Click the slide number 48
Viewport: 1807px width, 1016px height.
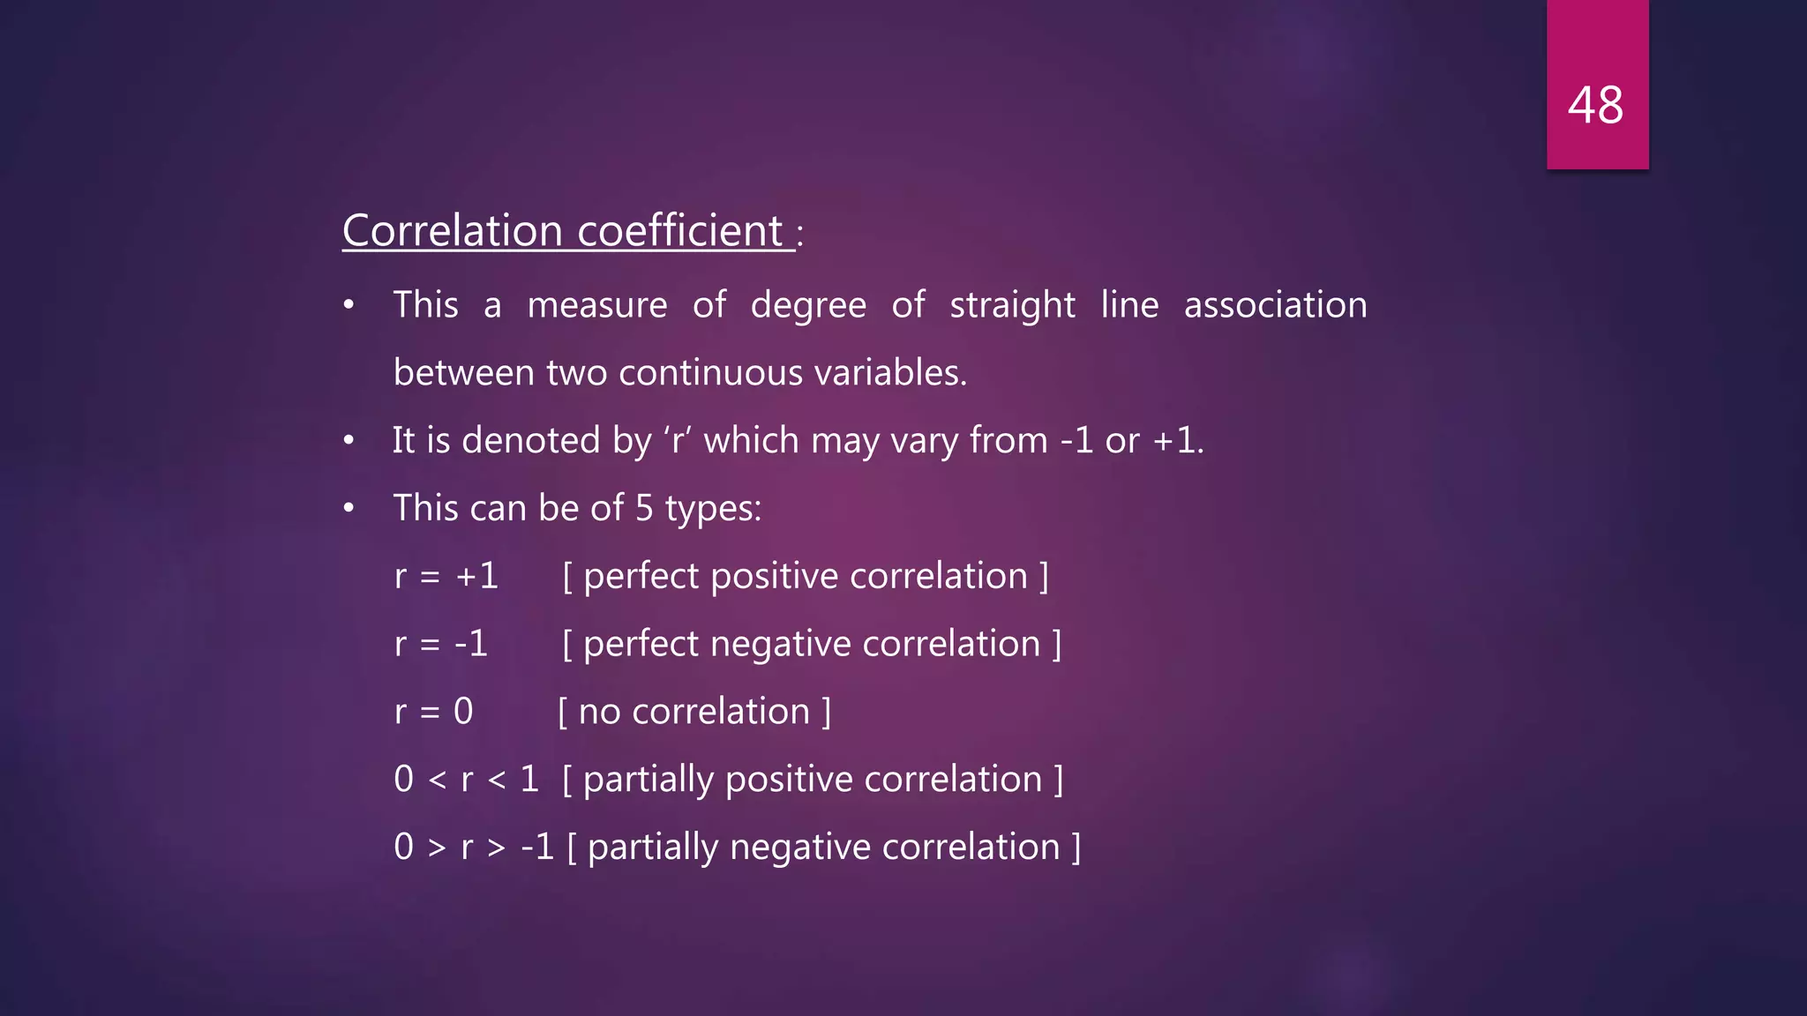coord(1595,105)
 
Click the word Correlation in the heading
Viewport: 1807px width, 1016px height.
coord(452,231)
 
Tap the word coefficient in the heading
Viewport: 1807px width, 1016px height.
coord(679,231)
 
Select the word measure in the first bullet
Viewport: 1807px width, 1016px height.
coord(597,305)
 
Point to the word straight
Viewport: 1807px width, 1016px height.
coord(1012,305)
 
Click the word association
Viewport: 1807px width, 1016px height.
coord(1275,305)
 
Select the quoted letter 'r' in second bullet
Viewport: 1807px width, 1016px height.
coord(678,440)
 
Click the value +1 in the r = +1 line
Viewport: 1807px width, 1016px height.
coord(477,577)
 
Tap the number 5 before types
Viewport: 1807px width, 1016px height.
coord(644,509)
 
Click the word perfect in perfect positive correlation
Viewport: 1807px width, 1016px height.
coord(641,577)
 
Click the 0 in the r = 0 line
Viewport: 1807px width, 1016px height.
coord(463,712)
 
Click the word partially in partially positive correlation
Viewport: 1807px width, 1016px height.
coord(649,781)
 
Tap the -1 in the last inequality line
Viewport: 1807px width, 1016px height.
coord(537,848)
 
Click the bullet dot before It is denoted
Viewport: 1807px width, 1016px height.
coord(349,440)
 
